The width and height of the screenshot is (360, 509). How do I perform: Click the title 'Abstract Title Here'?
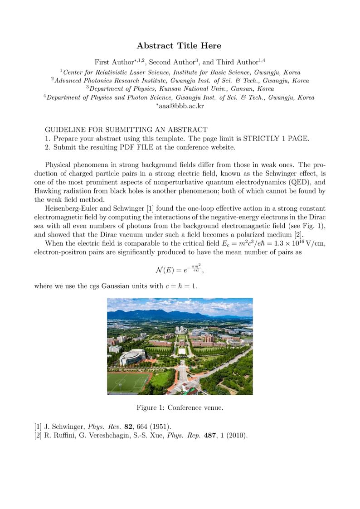(x=179, y=46)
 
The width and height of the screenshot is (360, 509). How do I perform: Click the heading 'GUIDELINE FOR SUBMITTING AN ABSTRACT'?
(x=126, y=130)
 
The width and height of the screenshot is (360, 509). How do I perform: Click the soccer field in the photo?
(x=127, y=382)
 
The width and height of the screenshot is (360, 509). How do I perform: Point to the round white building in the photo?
(x=132, y=357)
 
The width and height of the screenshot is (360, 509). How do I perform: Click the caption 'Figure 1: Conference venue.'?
(x=180, y=407)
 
